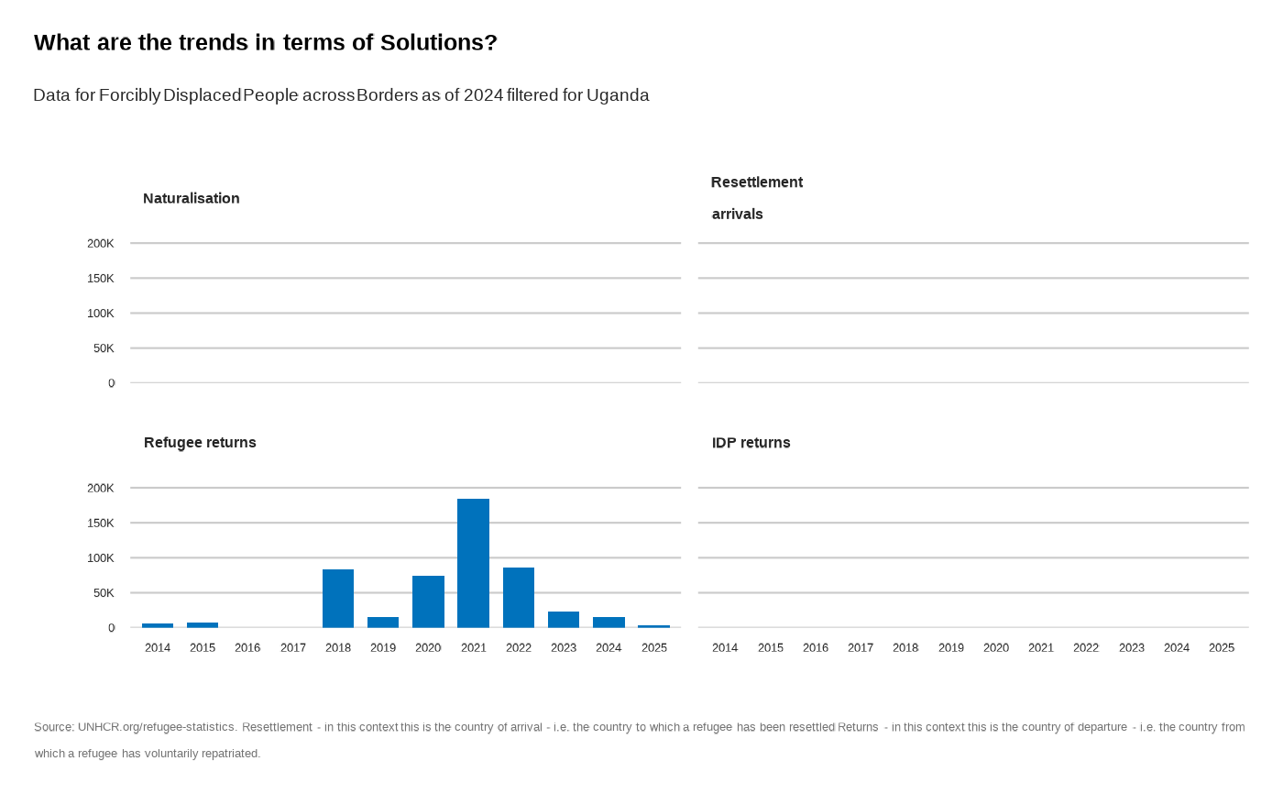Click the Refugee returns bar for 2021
click(x=473, y=563)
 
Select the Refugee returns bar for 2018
click(x=338, y=598)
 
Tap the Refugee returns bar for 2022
click(x=519, y=597)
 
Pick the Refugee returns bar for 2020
click(x=428, y=601)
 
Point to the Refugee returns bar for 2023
click(x=564, y=619)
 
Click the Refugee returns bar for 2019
click(x=383, y=622)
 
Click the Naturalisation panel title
click(x=192, y=198)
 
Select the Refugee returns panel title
click(x=200, y=442)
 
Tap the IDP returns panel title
click(x=751, y=442)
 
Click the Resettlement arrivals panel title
click(x=757, y=197)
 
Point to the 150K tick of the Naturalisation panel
click(x=101, y=278)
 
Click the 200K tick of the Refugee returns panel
click(x=101, y=488)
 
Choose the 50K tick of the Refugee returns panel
click(x=104, y=592)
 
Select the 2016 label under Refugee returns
click(x=247, y=647)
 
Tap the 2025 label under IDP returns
click(x=1222, y=647)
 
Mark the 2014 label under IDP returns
click(x=725, y=647)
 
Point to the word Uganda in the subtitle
click(x=618, y=95)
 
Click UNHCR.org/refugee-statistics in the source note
click(x=157, y=727)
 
